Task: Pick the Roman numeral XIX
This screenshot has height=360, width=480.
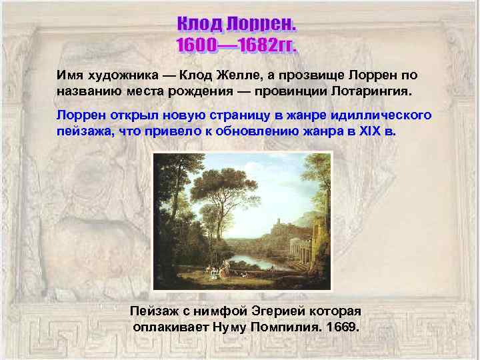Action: pos(369,131)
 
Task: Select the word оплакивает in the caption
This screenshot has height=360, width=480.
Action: pos(170,327)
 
